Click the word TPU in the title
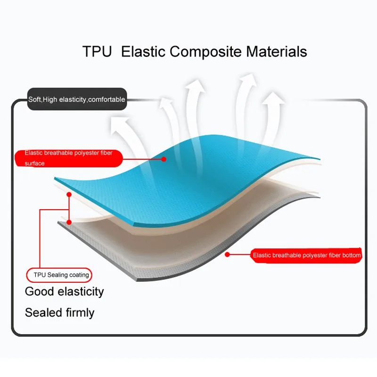pos(97,51)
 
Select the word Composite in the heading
pos(205,52)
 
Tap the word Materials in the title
pos(276,51)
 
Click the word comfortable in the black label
pos(107,99)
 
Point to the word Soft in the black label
pos(34,99)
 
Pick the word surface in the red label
pos(34,164)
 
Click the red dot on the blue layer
pos(164,159)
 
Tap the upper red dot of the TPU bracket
pos(69,195)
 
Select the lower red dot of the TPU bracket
pos(69,222)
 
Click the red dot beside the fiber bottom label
pos(227,254)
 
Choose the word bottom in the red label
pos(351,255)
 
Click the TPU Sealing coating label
pos(59,275)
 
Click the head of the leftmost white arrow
pos(120,124)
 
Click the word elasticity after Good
pos(81,292)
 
